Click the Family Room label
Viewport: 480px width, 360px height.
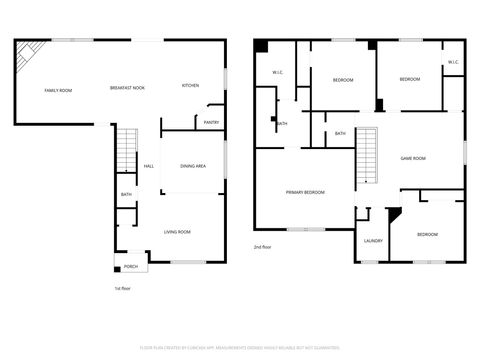pos(58,90)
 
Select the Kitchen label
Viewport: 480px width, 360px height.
pos(190,86)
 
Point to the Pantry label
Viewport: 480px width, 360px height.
pos(211,122)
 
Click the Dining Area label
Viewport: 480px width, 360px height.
pos(193,165)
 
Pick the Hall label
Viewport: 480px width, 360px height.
pos(148,166)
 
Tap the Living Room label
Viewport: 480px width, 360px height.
pos(177,232)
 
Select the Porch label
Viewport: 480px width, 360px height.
pos(132,266)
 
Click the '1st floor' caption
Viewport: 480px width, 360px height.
pos(122,288)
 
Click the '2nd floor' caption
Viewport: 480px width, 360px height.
pos(263,246)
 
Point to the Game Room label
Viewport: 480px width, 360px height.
pos(413,158)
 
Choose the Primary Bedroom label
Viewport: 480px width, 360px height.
pos(305,192)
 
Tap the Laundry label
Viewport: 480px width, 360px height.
pos(373,240)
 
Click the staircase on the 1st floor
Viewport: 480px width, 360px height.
pos(126,152)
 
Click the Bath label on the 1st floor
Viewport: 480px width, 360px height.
pos(126,194)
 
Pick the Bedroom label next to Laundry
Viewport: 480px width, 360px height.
pos(427,234)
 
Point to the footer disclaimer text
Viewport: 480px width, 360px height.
pos(239,348)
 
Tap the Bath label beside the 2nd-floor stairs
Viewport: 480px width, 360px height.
pos(340,133)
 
